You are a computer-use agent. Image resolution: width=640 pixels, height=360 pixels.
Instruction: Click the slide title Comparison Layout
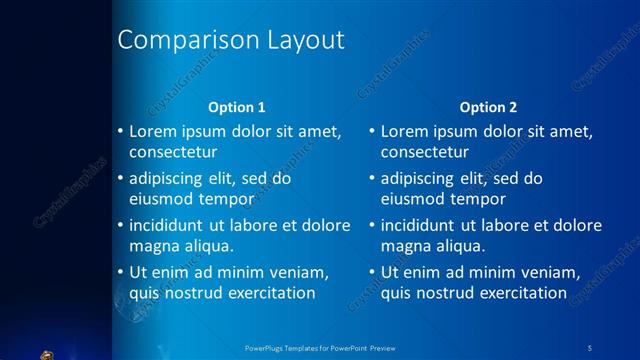231,40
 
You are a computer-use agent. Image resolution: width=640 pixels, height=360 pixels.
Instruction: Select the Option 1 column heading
236,107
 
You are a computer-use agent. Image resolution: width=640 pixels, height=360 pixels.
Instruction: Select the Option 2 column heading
488,107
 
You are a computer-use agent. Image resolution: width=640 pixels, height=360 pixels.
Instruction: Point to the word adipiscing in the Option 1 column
169,179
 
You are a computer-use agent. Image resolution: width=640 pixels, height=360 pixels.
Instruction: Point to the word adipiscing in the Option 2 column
421,179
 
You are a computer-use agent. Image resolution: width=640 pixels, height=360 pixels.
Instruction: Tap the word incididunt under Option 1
169,226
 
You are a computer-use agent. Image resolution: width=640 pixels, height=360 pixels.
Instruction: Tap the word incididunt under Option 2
421,226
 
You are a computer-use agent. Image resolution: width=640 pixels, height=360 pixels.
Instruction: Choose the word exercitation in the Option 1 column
270,293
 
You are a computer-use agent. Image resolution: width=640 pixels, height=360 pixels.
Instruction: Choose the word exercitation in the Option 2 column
522,293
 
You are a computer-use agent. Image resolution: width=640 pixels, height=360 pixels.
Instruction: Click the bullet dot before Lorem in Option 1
120,132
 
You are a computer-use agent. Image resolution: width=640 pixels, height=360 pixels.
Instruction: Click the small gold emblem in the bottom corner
47,353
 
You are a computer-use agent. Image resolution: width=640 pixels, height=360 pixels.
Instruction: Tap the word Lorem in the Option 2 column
404,132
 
